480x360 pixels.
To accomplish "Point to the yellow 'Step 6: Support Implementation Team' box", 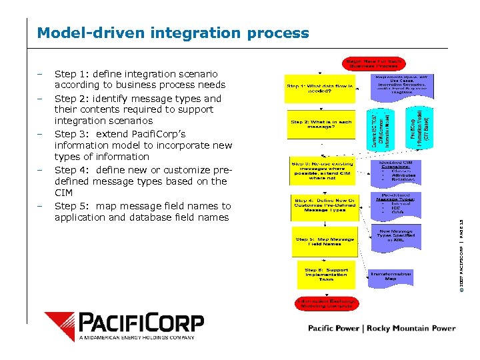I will coord(326,275).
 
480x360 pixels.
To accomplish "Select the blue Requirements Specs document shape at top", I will coord(399,87).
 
